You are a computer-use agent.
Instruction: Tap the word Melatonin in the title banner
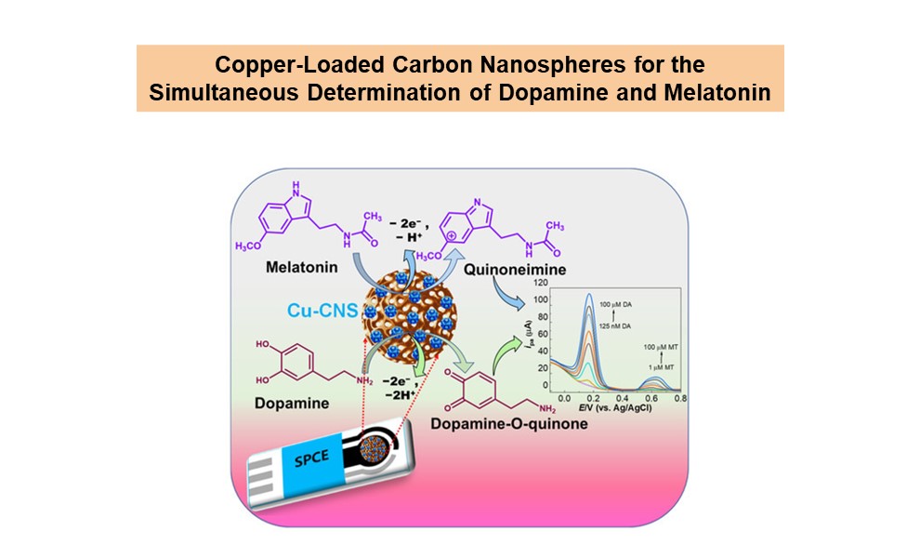[x=723, y=94]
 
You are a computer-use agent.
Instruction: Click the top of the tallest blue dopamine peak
[x=589, y=296]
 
